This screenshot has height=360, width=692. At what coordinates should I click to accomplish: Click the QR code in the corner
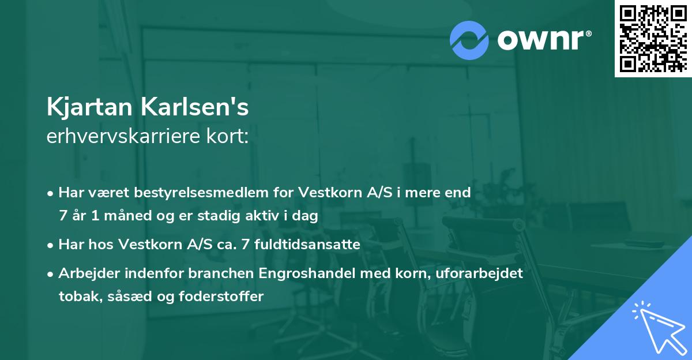[x=653, y=39]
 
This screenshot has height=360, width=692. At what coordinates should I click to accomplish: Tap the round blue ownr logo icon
[x=469, y=40]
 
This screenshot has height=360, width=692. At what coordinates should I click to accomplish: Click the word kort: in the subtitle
[x=230, y=137]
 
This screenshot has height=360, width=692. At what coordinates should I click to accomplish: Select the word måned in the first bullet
[x=129, y=216]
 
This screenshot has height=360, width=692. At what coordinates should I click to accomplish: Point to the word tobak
[x=75, y=297]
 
